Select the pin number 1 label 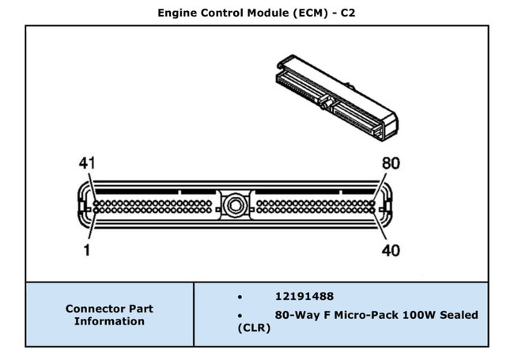click(x=86, y=251)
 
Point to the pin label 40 click(x=390, y=251)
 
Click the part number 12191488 click(x=304, y=296)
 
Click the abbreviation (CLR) click(x=255, y=328)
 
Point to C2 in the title click(x=347, y=12)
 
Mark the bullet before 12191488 click(x=240, y=296)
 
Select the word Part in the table click(x=140, y=309)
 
